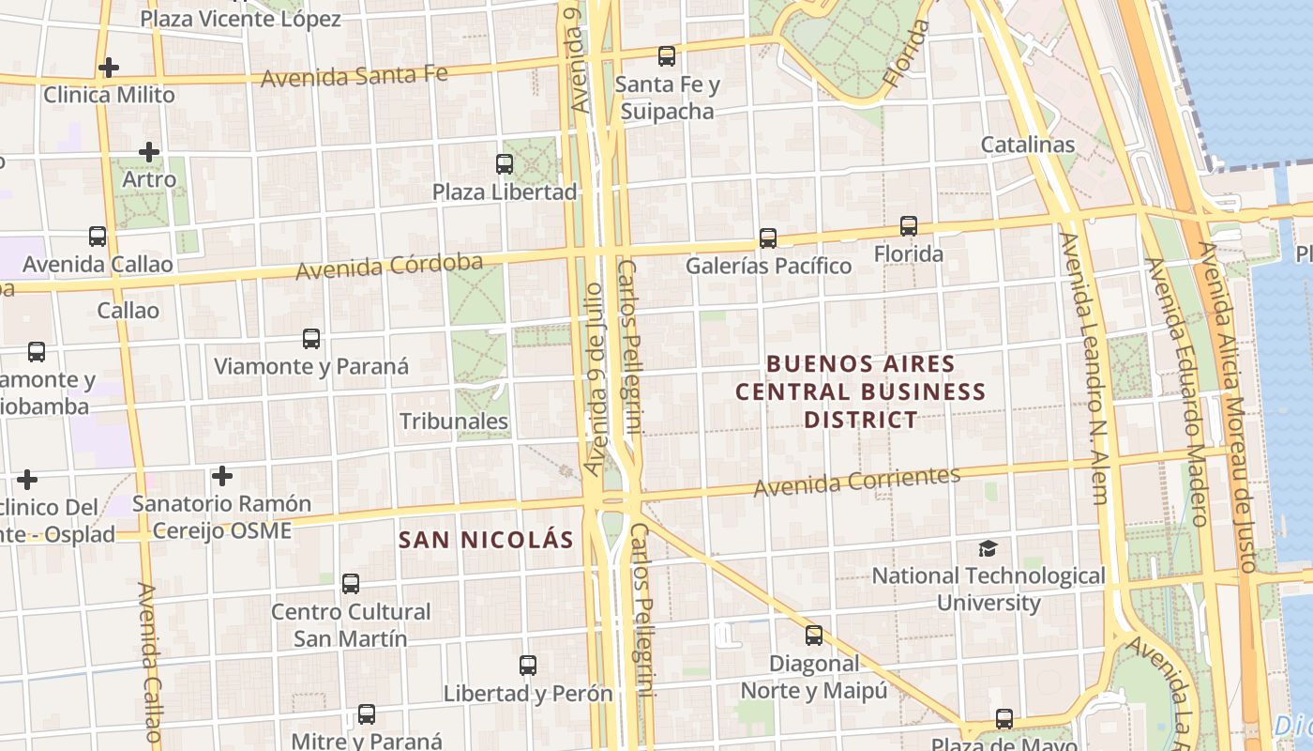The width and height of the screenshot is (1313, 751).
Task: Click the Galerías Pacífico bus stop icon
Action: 768,238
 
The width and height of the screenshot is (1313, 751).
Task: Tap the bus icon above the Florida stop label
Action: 908,226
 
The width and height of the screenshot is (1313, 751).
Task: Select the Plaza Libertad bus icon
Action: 505,164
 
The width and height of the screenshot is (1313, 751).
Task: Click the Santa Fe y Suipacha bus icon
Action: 667,56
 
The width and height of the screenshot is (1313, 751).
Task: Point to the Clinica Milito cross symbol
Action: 109,68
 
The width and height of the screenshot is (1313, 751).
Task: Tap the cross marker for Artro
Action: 148,151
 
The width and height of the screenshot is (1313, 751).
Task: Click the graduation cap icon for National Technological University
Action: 988,548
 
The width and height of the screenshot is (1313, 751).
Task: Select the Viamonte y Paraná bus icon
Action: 311,339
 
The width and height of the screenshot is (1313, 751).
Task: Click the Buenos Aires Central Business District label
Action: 860,391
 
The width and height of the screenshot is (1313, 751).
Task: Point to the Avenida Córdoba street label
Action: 389,267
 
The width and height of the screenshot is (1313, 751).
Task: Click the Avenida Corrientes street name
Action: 857,481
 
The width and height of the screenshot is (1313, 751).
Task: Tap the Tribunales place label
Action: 454,421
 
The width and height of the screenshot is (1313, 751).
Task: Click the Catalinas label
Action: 1027,145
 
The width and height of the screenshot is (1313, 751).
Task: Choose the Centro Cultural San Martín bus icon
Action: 351,584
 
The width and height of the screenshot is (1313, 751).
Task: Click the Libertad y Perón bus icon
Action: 528,666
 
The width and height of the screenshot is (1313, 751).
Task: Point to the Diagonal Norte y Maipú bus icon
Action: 814,636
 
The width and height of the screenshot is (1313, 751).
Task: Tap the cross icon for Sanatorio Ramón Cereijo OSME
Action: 222,476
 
